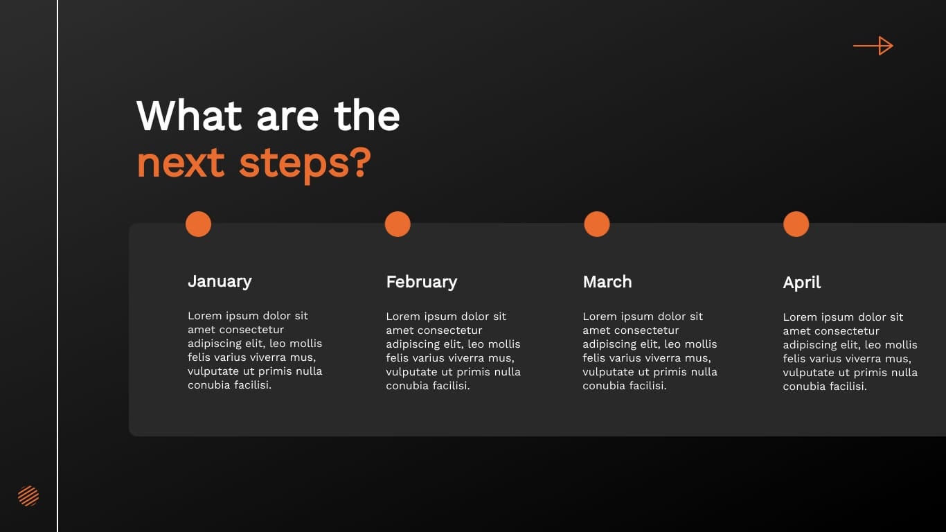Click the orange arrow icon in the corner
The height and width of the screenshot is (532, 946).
click(x=873, y=46)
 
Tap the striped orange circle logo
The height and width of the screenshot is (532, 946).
click(x=28, y=496)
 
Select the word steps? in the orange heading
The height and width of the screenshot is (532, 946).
click(x=305, y=163)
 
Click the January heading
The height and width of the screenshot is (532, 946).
click(x=220, y=281)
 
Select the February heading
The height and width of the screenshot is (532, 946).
click(x=421, y=282)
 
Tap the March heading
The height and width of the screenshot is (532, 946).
click(x=607, y=282)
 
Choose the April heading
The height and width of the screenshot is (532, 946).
click(x=802, y=283)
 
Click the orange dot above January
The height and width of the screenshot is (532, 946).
click(x=198, y=224)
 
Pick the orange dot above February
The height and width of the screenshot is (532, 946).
click(x=398, y=224)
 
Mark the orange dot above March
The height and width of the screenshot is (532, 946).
click(x=597, y=224)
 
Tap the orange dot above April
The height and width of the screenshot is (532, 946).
click(x=796, y=224)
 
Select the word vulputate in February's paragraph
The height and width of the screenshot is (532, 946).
click(x=412, y=372)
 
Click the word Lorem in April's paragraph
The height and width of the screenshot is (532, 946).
click(x=799, y=317)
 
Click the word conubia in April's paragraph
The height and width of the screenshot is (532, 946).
click(x=805, y=387)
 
